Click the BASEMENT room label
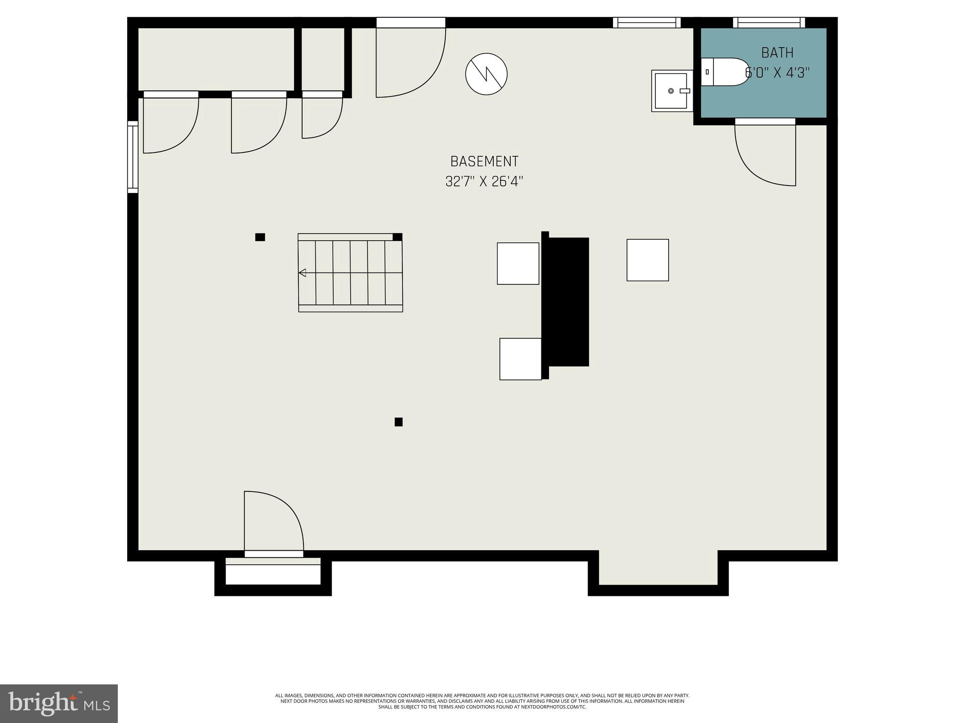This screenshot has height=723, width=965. [484, 161]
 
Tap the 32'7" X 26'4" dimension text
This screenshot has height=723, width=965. [484, 182]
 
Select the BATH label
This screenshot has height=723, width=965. [777, 53]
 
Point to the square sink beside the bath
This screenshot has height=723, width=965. [671, 91]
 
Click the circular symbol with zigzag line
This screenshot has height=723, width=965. [486, 74]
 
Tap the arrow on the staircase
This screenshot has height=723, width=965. [303, 273]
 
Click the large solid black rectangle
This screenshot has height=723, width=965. [567, 301]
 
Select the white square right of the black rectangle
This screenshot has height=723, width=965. [647, 260]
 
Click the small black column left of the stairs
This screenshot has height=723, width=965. [260, 237]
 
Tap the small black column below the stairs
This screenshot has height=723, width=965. [399, 422]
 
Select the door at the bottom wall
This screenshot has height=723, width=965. [273, 522]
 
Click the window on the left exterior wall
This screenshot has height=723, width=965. [133, 157]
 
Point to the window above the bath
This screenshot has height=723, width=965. [769, 23]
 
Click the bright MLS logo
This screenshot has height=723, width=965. [59, 703]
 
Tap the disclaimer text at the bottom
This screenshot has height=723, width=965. [482, 701]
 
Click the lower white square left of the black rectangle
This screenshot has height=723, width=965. [521, 359]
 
